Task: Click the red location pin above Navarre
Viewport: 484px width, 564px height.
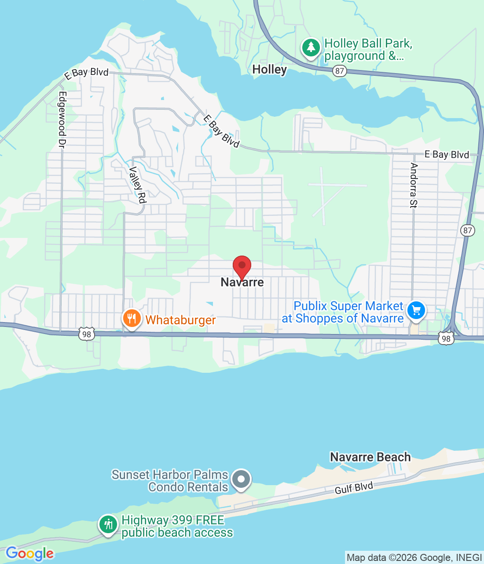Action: click(242, 266)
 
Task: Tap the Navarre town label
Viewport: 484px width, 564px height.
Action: click(242, 282)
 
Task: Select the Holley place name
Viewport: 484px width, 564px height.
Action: click(269, 70)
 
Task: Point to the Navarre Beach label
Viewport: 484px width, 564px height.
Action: click(370, 457)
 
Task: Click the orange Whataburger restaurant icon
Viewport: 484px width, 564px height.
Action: click(132, 318)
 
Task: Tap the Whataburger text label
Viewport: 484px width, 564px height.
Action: click(180, 320)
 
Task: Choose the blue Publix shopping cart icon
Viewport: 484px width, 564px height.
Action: click(416, 311)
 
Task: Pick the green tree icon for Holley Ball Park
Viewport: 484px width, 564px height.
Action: click(311, 47)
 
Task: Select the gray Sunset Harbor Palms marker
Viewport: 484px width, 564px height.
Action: click(241, 479)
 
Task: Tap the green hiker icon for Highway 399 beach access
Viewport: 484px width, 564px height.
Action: click(108, 524)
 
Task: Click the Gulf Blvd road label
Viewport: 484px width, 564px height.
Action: click(354, 488)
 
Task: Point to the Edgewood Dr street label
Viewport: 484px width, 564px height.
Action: click(62, 119)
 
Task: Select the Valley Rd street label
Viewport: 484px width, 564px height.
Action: click(137, 185)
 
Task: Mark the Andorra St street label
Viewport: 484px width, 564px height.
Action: click(414, 185)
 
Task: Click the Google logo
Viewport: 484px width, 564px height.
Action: click(29, 553)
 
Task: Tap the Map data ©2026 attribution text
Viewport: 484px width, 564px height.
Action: click(414, 558)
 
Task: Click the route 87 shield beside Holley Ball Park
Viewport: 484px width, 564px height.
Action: click(339, 71)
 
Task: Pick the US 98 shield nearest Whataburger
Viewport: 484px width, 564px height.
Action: click(87, 334)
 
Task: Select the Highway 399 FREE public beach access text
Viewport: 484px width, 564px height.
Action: click(177, 526)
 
